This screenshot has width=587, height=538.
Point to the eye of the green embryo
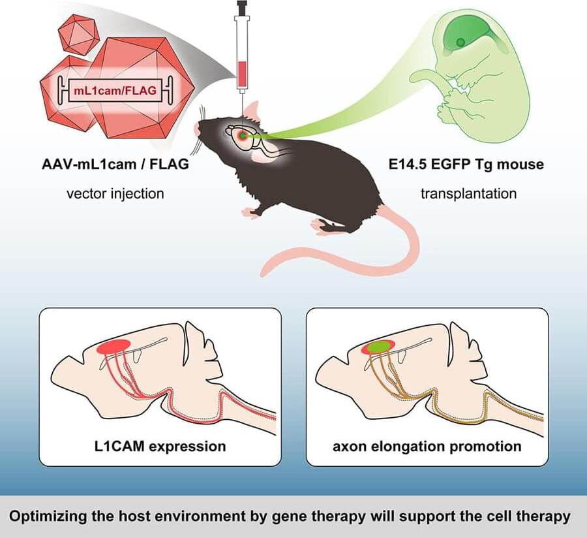click(x=462, y=42)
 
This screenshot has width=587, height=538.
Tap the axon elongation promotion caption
click(x=427, y=447)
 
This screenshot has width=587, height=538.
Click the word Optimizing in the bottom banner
click(x=47, y=516)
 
